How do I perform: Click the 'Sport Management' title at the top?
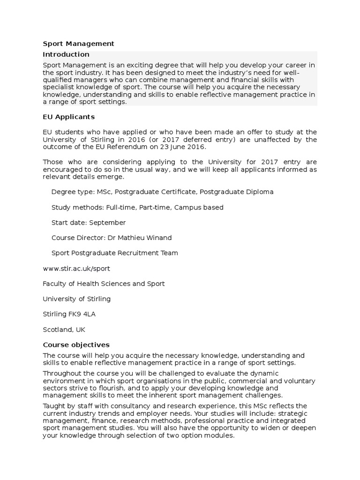point(78,44)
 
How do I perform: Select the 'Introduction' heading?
point(66,54)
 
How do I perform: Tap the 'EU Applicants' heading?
point(68,116)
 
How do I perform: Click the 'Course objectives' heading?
point(76,345)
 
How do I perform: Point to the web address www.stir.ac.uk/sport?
point(76,269)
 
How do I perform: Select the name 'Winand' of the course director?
point(159,238)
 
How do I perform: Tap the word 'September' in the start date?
point(107,223)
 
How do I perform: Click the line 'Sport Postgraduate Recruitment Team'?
point(114,253)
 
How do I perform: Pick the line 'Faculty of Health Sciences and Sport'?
point(104,284)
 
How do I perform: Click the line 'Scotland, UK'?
point(64,330)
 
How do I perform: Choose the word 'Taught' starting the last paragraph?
point(53,406)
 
